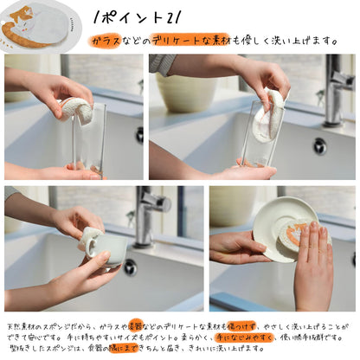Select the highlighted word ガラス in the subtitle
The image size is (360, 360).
pyautogui.click(x=105, y=41)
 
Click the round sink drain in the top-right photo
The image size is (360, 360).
pyautogui.click(x=319, y=145)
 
